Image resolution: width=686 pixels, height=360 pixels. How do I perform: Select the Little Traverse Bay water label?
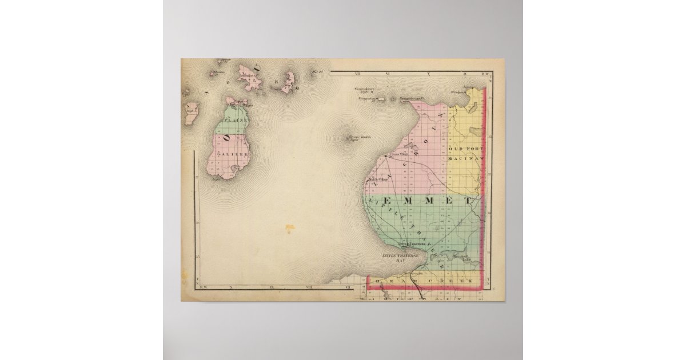pyautogui.click(x=401, y=258)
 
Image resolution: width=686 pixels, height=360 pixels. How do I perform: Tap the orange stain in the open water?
pyautogui.click(x=290, y=229)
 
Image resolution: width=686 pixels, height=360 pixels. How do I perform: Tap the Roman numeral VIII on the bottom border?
pyautogui.click(x=311, y=289)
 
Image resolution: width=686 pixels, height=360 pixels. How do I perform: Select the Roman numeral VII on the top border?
pyautogui.click(x=357, y=74)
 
